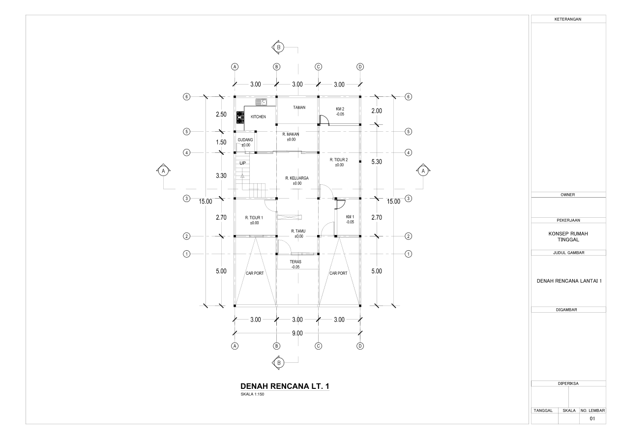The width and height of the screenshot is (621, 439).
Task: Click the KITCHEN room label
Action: pyautogui.click(x=258, y=117)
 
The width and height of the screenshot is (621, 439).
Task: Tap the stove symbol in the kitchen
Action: pyautogui.click(x=240, y=117)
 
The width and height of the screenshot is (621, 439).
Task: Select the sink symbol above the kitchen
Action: pyautogui.click(x=261, y=102)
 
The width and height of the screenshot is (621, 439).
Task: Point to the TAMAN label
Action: pyautogui.click(x=299, y=108)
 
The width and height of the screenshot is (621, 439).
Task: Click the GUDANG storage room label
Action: pyautogui.click(x=245, y=140)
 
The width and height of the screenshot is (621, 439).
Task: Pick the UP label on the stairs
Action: pyautogui.click(x=242, y=163)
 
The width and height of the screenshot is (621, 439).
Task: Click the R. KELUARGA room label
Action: pyautogui.click(x=297, y=178)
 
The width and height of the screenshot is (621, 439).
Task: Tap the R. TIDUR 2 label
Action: pyautogui.click(x=339, y=160)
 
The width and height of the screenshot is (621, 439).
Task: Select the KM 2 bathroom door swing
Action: pyautogui.click(x=325, y=120)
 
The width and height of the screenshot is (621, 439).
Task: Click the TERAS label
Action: pyautogui.click(x=296, y=262)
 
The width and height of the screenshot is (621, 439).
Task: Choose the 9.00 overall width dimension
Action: pyautogui.click(x=297, y=333)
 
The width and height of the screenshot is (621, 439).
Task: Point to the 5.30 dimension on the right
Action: pyautogui.click(x=377, y=162)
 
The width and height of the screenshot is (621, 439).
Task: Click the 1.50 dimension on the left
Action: pyautogui.click(x=221, y=143)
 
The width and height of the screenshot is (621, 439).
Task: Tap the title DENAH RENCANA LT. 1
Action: pyautogui.click(x=285, y=386)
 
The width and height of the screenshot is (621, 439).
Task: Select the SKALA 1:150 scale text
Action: pyautogui.click(x=252, y=394)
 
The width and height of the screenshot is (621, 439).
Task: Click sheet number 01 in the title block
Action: pyautogui.click(x=592, y=419)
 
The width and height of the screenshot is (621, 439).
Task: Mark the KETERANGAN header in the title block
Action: pyautogui.click(x=568, y=19)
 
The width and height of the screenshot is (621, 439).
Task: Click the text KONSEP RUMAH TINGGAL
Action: pyautogui.click(x=568, y=236)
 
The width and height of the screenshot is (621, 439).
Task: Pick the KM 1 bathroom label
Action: pyautogui.click(x=350, y=217)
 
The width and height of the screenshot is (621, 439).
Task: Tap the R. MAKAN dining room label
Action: pyautogui.click(x=291, y=134)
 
